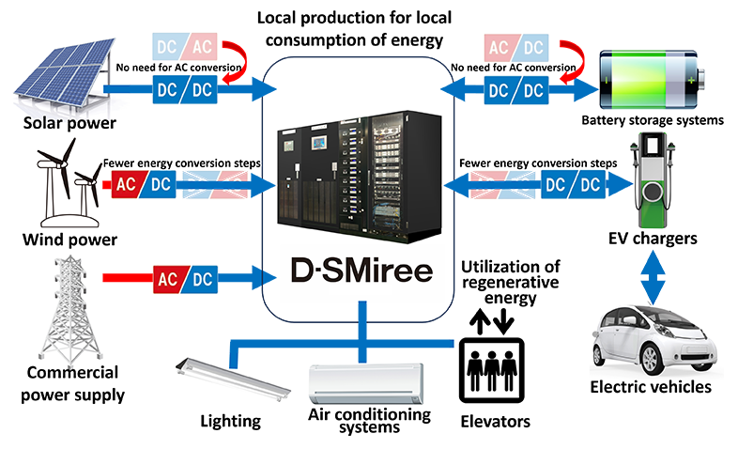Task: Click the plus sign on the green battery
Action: (693, 82)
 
